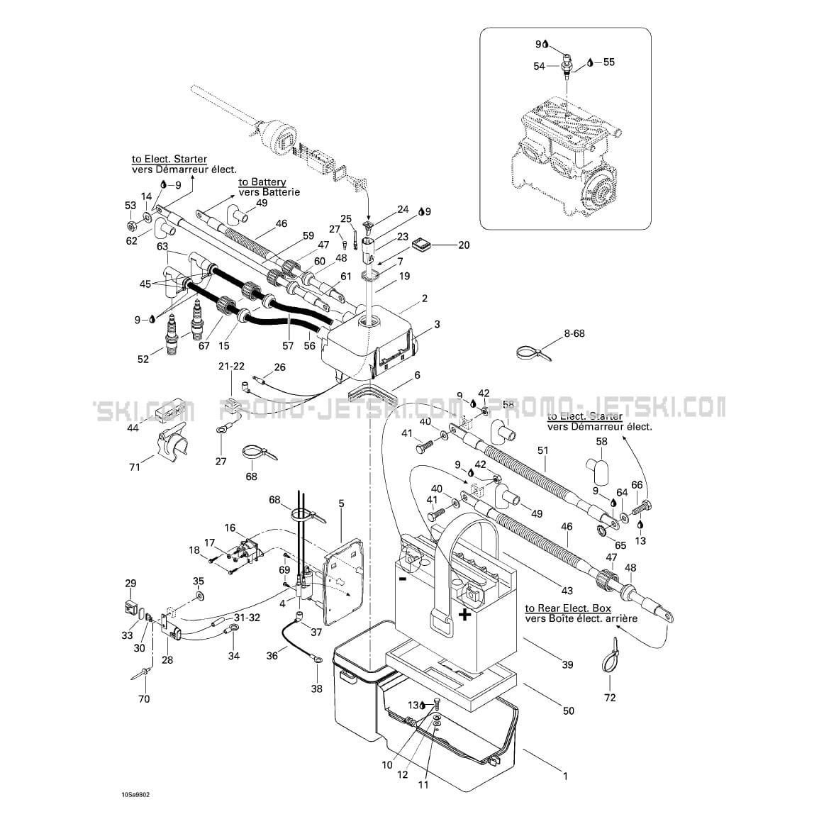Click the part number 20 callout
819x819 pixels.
tap(464, 245)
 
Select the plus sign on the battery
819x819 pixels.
tap(464, 614)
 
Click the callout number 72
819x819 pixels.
tap(610, 698)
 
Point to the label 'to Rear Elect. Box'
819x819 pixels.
tap(567, 608)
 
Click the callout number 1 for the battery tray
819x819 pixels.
tap(565, 776)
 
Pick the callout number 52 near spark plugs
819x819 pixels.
tap(143, 360)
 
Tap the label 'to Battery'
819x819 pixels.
tap(262, 182)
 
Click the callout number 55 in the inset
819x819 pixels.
tap(608, 62)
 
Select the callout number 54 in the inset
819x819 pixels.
tap(540, 66)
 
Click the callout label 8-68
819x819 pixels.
tap(574, 333)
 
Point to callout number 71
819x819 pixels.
tap(135, 467)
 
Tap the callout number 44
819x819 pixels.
tap(133, 428)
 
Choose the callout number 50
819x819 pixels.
tap(568, 711)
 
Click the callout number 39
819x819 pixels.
tap(567, 664)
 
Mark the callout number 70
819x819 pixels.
tap(144, 699)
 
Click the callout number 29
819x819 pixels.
tap(130, 584)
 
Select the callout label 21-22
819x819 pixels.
tap(231, 366)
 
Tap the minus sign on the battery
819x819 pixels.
tap(403, 578)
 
